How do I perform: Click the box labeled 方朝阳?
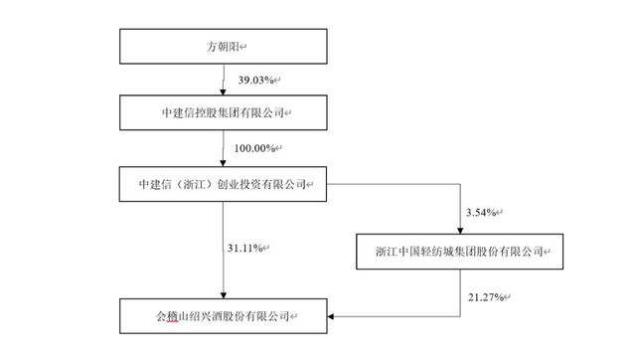223,46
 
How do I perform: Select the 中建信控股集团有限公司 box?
223,113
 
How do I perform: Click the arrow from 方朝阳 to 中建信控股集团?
224,80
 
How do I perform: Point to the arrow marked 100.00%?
224,149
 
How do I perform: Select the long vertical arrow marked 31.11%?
224,249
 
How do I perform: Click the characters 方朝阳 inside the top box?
217,46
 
